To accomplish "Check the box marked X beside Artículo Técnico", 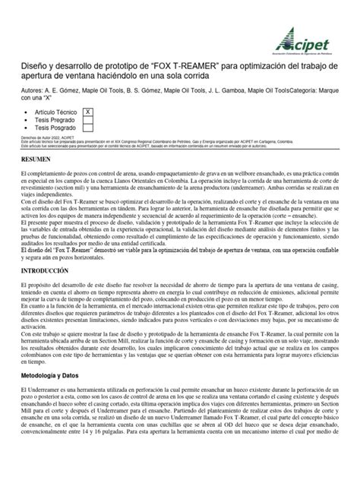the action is [88, 111].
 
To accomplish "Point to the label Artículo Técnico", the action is [55, 111].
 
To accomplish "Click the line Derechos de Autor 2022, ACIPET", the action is [53, 137].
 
